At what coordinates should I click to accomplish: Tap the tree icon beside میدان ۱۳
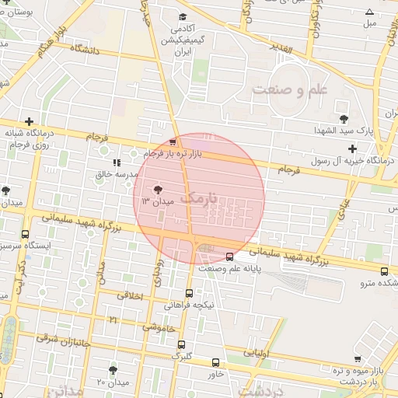[158, 189]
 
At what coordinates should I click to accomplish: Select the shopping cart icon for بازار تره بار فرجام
[173, 142]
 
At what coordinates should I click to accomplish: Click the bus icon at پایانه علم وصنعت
[229, 257]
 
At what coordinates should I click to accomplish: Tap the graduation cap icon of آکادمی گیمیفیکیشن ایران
[182, 17]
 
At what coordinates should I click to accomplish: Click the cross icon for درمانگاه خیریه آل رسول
[353, 148]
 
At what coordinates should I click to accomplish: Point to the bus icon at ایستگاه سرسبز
[26, 234]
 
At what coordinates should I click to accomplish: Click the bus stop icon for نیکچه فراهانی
[189, 293]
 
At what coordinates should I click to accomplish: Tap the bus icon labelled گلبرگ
[181, 345]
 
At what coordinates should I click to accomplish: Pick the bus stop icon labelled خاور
[215, 362]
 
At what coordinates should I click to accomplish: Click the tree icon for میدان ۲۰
[113, 370]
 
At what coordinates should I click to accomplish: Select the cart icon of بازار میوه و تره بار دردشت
[357, 359]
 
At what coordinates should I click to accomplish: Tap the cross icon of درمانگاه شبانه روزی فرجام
[29, 122]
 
